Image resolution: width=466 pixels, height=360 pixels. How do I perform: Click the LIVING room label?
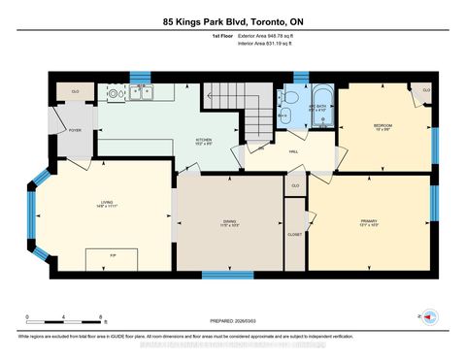click(105, 204)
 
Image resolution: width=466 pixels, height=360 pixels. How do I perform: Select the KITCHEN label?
click(204, 140)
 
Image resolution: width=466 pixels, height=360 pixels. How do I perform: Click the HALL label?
click(292, 151)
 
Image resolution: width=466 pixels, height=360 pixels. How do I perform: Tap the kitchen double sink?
click(143, 93)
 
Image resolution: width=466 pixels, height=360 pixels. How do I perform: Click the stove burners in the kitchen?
click(116, 94)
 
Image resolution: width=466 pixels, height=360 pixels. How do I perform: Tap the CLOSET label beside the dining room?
click(294, 233)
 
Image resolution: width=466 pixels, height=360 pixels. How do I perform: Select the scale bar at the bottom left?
click(66, 318)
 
